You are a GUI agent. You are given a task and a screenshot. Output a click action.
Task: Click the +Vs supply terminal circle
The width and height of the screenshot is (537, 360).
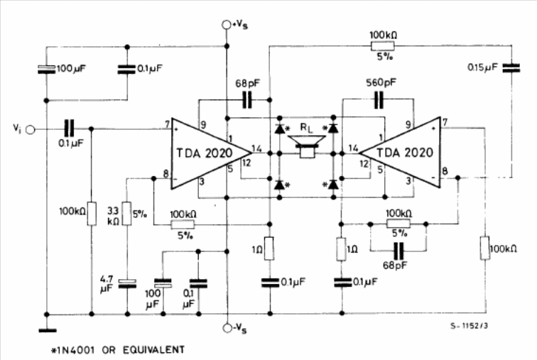(226, 25)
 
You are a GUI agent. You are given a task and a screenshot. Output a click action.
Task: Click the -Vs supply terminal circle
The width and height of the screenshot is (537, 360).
(227, 328)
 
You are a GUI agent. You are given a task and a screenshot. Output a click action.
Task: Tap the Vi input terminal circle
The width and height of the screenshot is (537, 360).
(31, 130)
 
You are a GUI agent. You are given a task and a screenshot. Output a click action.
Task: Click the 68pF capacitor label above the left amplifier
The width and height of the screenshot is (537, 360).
(247, 83)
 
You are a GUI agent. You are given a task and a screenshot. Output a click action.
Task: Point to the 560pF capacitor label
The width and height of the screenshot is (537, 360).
(381, 83)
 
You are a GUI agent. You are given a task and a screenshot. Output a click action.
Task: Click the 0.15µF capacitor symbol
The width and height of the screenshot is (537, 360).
(511, 68)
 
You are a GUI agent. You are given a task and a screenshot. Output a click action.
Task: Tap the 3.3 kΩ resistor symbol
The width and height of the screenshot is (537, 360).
(127, 214)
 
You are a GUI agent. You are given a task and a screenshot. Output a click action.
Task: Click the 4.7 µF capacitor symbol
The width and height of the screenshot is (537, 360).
(127, 283)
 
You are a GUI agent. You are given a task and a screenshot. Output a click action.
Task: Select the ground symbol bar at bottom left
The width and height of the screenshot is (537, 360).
(48, 331)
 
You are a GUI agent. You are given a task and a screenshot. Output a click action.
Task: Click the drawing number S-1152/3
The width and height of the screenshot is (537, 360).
(469, 326)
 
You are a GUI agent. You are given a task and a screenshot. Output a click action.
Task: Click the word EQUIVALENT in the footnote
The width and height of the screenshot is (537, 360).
(153, 350)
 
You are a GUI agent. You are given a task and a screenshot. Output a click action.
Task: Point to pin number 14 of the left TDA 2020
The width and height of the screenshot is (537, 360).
(256, 148)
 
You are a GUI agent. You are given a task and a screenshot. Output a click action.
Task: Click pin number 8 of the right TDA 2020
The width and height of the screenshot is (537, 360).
(445, 170)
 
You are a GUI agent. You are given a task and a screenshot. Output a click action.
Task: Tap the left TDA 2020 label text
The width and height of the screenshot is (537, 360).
(205, 153)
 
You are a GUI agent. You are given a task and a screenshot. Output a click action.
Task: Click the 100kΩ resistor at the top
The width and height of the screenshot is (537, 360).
(383, 46)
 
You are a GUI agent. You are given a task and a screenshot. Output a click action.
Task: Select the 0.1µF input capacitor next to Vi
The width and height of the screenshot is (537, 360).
(69, 129)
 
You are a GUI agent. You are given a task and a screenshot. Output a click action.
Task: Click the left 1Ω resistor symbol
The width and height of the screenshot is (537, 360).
(269, 249)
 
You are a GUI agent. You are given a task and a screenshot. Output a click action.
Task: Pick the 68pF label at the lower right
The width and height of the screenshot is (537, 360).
(395, 266)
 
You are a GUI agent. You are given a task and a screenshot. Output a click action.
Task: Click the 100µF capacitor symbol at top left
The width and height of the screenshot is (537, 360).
(47, 69)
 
